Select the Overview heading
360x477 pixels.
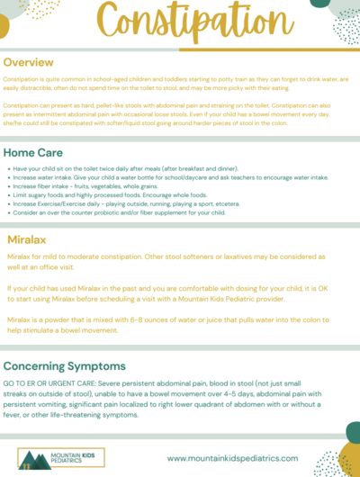point(34,63)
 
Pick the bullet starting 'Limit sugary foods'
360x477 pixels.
point(121,196)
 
